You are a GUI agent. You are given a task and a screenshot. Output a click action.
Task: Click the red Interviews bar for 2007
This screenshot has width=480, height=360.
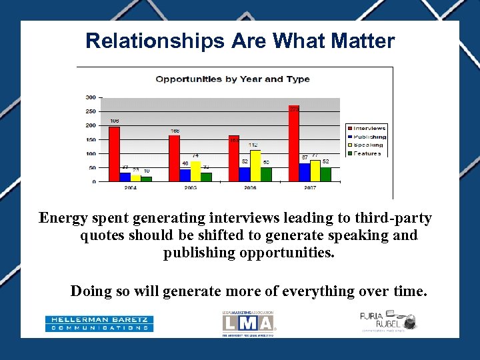(x=294, y=143)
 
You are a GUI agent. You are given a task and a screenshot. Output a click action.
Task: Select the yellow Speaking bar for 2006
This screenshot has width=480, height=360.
(x=255, y=166)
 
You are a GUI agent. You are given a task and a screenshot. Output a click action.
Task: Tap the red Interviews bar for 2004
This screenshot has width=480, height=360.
(x=114, y=154)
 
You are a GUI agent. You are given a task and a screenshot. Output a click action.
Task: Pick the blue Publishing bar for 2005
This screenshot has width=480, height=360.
(x=185, y=175)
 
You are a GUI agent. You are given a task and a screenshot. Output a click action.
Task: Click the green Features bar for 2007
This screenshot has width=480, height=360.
(x=325, y=174)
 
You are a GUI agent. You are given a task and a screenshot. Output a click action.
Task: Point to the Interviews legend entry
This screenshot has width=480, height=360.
(x=366, y=128)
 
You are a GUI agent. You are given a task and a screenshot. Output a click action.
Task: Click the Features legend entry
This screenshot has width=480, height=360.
(x=366, y=153)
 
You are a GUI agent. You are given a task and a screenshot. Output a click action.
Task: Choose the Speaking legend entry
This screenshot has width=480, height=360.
(x=366, y=145)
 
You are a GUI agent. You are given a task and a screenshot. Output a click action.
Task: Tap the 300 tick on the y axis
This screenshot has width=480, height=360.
(x=90, y=97)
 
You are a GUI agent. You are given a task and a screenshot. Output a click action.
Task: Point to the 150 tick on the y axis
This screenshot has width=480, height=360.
(x=90, y=139)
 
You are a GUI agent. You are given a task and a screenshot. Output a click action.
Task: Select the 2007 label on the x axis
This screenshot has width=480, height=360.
(x=309, y=189)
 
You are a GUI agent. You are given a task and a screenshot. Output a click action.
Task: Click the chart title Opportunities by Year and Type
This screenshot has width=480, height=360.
(x=232, y=79)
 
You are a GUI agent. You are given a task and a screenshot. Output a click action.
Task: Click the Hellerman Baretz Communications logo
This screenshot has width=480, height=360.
(x=99, y=324)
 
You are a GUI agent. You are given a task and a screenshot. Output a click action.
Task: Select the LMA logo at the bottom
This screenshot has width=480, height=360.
(x=248, y=323)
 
